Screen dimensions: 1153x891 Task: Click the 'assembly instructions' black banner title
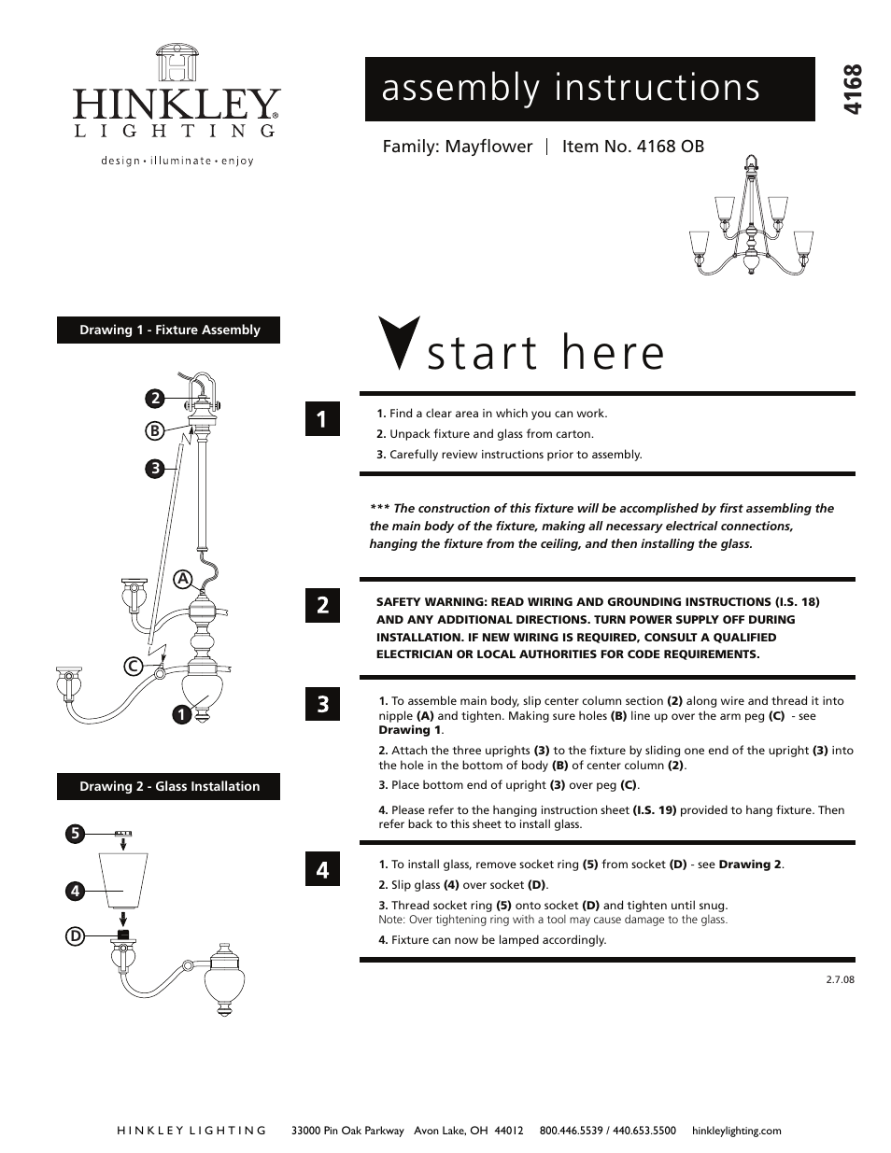coord(571,89)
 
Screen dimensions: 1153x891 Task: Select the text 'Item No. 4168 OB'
coord(632,147)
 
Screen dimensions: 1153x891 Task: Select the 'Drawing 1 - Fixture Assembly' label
coord(169,330)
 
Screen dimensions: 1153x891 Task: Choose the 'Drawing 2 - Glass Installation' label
coord(169,786)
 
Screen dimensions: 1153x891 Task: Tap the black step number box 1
coord(322,420)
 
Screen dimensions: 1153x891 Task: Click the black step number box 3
coord(322,704)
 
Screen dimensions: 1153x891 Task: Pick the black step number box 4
coord(322,870)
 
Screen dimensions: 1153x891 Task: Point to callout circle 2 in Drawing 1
coord(155,399)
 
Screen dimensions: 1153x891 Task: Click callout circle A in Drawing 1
coord(183,578)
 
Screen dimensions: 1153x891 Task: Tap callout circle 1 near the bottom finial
coord(177,715)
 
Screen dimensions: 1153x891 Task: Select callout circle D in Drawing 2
coord(74,935)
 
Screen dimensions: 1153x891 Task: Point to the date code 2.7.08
coord(840,980)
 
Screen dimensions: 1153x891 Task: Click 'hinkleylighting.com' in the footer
coord(736,1131)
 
